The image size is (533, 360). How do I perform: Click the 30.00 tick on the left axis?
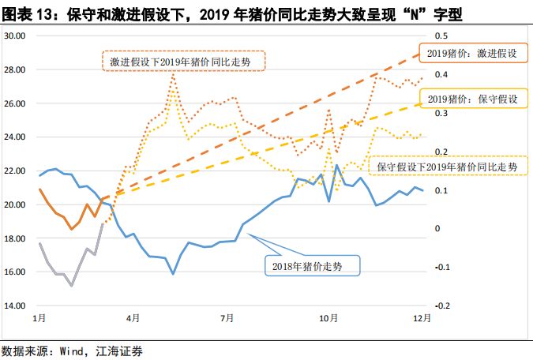pos(14,36)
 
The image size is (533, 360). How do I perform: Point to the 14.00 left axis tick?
pos(14,306)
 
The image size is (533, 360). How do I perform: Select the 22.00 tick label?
pos(14,171)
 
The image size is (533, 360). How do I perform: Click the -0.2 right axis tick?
pos(442,306)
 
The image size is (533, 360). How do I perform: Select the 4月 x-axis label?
pos(133,318)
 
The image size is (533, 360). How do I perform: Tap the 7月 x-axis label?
pos(227,318)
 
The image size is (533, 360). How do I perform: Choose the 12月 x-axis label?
pos(423,318)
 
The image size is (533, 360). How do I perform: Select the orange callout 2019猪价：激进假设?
pos(472,54)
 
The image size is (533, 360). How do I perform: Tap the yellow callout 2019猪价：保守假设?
pos(472,99)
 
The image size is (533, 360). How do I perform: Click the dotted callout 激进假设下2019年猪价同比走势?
pos(183,61)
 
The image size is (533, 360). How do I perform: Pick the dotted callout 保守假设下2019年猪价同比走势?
pos(447,167)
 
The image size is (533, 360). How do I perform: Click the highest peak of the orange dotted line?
pos(173,73)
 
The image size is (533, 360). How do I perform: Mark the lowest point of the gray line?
pos(72,285)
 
